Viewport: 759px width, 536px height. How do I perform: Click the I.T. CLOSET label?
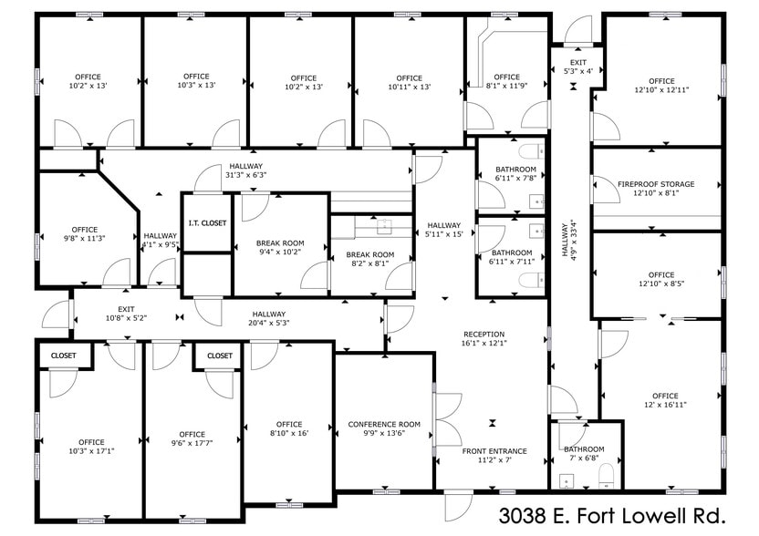tap(207, 223)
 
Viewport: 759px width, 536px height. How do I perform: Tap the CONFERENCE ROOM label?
tap(384, 424)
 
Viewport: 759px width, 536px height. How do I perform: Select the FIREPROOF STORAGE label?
tap(656, 184)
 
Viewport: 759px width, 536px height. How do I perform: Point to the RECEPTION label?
tap(484, 335)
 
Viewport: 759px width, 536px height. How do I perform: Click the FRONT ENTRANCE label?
tap(494, 451)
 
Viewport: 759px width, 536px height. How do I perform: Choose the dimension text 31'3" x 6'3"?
tap(246, 175)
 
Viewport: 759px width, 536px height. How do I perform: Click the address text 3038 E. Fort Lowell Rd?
tap(612, 516)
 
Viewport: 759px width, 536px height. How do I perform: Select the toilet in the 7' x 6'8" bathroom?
tap(606, 475)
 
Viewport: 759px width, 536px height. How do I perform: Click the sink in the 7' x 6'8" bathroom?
tap(567, 481)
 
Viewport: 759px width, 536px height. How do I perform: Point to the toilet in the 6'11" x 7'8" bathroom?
tap(532, 151)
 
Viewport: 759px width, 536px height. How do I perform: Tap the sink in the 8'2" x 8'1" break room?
tap(384, 225)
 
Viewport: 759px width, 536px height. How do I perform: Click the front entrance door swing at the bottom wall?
tap(458, 507)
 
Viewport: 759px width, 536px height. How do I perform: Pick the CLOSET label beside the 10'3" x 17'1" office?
tap(64, 356)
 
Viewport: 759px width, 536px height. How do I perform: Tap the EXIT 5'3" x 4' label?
tap(578, 67)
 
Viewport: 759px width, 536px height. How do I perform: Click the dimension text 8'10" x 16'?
tap(289, 433)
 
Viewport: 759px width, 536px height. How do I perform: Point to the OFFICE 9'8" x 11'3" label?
tap(85, 233)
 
